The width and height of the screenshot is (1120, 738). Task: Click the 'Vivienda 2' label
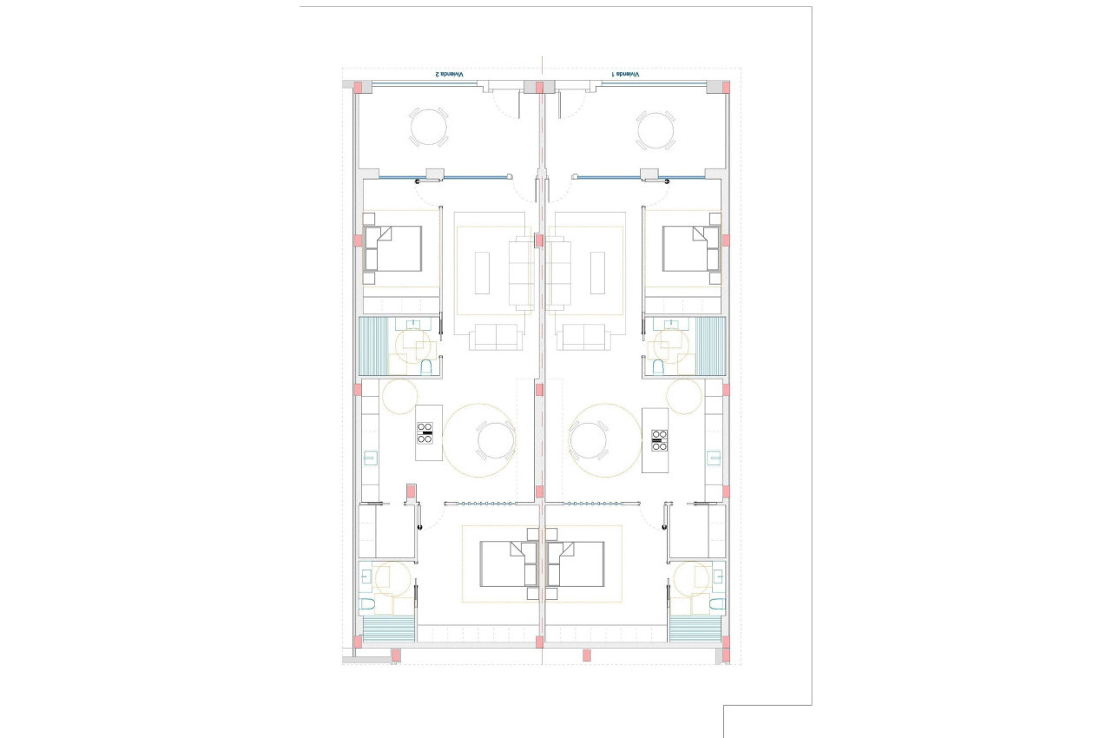point(449,75)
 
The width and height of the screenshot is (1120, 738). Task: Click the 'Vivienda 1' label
point(625,75)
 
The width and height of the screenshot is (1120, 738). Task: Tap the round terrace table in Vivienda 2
point(429,127)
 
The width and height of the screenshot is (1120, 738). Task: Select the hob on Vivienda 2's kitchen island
point(425,432)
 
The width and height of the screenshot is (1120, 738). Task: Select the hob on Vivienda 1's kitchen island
point(658,440)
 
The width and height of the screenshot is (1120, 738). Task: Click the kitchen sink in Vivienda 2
point(370,458)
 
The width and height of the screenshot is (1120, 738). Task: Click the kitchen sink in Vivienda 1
point(714,458)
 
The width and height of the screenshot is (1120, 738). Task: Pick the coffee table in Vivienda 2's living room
point(484,273)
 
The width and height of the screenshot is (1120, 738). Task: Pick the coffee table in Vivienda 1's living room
point(598,273)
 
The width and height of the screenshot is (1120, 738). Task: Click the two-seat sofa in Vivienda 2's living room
point(497,336)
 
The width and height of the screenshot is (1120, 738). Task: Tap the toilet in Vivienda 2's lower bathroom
point(367,603)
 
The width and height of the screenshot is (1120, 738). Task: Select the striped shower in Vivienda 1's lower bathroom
point(695,629)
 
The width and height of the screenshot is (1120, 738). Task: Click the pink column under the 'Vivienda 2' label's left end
point(359,87)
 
